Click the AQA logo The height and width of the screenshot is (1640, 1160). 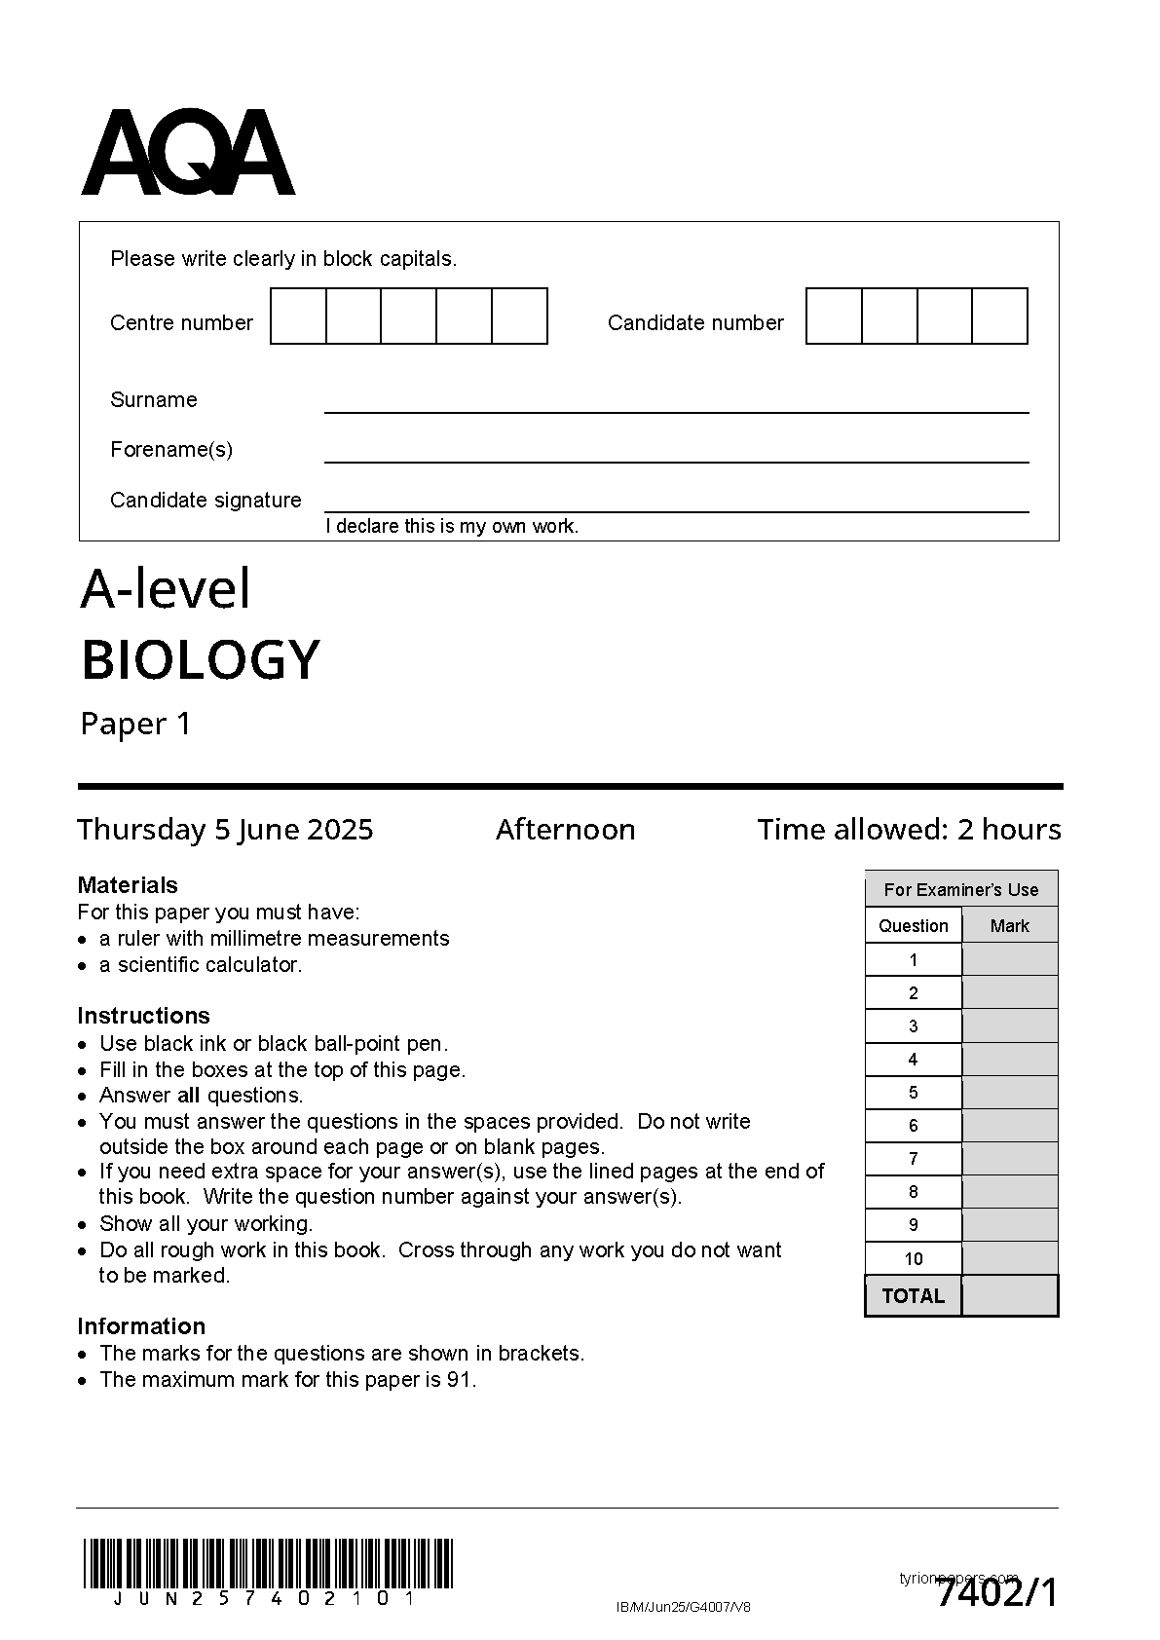pyautogui.click(x=187, y=153)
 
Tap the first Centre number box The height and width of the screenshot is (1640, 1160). pyautogui.click(x=298, y=316)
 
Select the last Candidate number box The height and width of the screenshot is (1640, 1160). pyautogui.click(x=1000, y=316)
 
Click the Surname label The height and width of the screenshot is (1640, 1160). pyautogui.click(x=153, y=399)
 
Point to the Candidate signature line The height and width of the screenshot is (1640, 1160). pyautogui.click(x=676, y=509)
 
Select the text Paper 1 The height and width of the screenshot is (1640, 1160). pyautogui.click(x=135, y=724)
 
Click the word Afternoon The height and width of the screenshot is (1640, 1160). pyautogui.click(x=565, y=829)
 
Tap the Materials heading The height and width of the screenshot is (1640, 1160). pyautogui.click(x=128, y=885)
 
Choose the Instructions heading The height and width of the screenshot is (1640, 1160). pyautogui.click(x=143, y=1015)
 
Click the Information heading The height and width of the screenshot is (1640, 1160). pyautogui.click(x=141, y=1325)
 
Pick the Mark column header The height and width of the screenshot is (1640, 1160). pyautogui.click(x=1009, y=925)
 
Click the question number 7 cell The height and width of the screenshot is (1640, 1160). pyautogui.click(x=913, y=1158)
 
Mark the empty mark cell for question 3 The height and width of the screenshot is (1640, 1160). pyautogui.click(x=1009, y=1025)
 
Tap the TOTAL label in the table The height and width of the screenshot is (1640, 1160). pyautogui.click(x=913, y=1295)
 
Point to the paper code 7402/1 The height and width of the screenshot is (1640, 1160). pyautogui.click(x=996, y=1594)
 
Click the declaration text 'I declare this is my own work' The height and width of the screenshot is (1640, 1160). pyautogui.click(x=452, y=526)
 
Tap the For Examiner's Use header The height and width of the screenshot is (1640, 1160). pyautogui.click(x=960, y=889)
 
